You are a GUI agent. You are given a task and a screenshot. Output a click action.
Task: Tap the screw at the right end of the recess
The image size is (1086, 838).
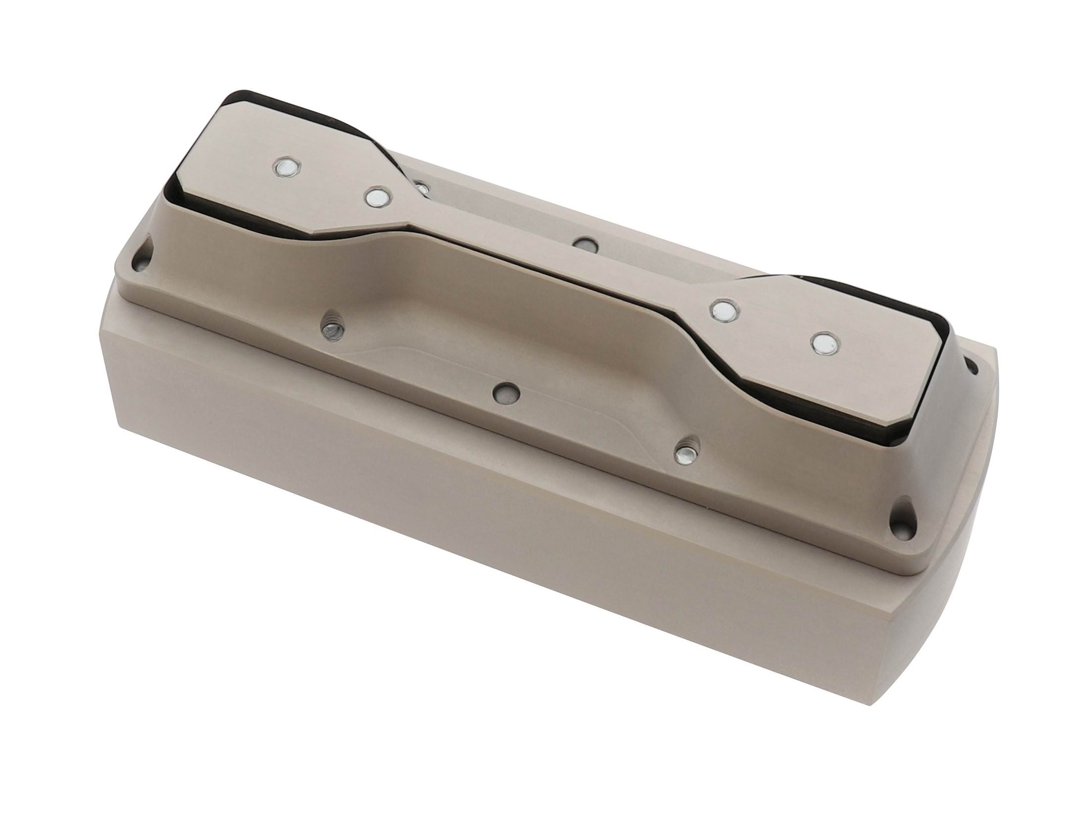point(687,453)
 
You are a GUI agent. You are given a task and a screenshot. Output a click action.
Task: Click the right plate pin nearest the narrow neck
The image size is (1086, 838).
point(725,311)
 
